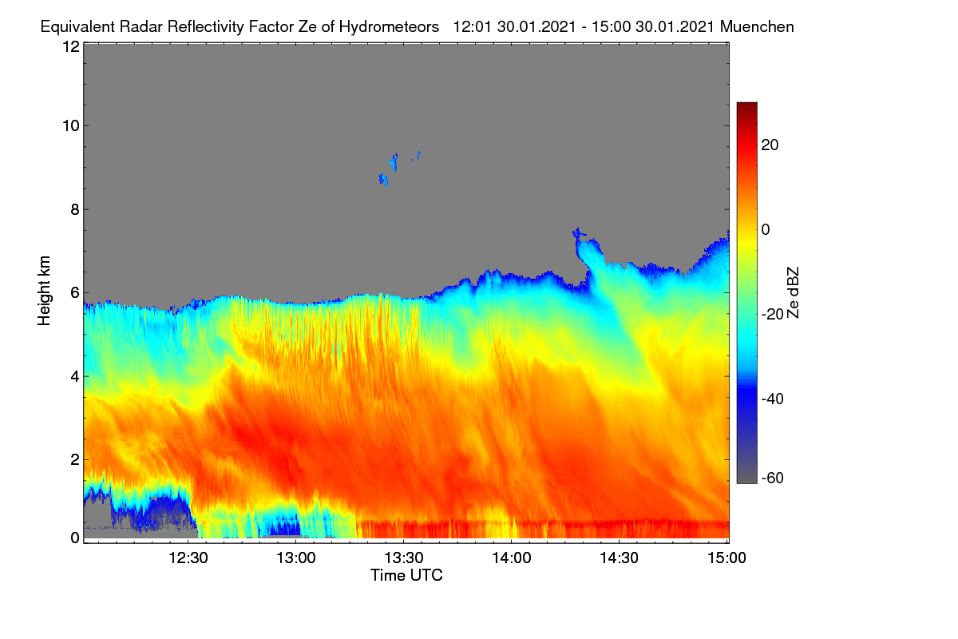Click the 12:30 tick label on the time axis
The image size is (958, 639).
pyautogui.click(x=188, y=558)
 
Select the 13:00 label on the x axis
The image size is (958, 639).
pyautogui.click(x=296, y=558)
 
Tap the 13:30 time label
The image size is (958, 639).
pyautogui.click(x=404, y=558)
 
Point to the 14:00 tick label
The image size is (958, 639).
pyautogui.click(x=512, y=558)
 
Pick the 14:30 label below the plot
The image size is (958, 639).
pyautogui.click(x=619, y=558)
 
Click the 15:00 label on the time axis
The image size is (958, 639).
pyautogui.click(x=726, y=558)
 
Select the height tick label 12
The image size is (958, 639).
pyautogui.click(x=71, y=46)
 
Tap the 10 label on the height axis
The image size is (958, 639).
pyautogui.click(x=71, y=126)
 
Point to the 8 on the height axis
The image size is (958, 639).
pyautogui.click(x=75, y=209)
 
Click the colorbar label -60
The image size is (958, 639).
pyautogui.click(x=773, y=478)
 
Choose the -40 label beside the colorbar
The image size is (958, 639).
pyautogui.click(x=773, y=399)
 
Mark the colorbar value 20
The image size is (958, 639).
pyautogui.click(x=770, y=145)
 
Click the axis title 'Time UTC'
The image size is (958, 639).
pyautogui.click(x=406, y=575)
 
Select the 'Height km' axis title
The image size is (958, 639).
pyautogui.click(x=44, y=291)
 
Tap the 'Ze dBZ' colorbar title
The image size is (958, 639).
pyautogui.click(x=793, y=293)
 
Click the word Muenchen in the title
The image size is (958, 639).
pyautogui.click(x=757, y=26)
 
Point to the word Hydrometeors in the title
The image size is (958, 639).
pyautogui.click(x=390, y=26)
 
